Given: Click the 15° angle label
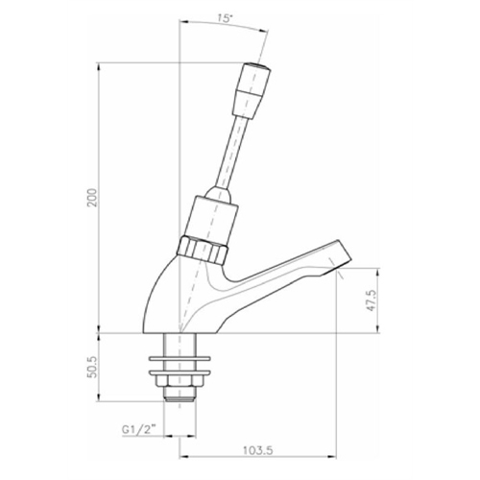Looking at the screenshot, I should pos(222,18).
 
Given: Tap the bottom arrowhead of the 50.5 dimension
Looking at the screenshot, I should pos(104,400).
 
